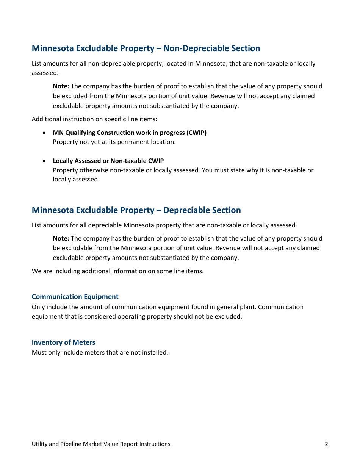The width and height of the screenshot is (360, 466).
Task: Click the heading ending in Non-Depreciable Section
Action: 146,48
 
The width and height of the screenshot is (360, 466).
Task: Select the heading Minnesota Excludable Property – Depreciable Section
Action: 136,210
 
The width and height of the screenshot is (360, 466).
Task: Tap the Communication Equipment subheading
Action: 75,297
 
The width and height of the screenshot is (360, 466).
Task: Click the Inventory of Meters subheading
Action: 63,342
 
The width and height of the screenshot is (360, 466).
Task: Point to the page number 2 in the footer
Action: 326,444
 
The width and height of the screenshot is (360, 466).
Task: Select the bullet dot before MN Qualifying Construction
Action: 45,133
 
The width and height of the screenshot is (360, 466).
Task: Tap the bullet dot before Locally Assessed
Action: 45,161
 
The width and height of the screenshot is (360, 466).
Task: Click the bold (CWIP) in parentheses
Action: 196,133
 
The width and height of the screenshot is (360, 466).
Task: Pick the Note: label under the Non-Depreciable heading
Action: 61,86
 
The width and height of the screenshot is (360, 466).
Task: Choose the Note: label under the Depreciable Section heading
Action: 61,239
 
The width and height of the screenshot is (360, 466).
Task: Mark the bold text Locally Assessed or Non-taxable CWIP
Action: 108,161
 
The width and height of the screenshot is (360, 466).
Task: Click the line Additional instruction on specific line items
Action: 94,119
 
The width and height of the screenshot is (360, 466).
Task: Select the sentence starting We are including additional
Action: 117,271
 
